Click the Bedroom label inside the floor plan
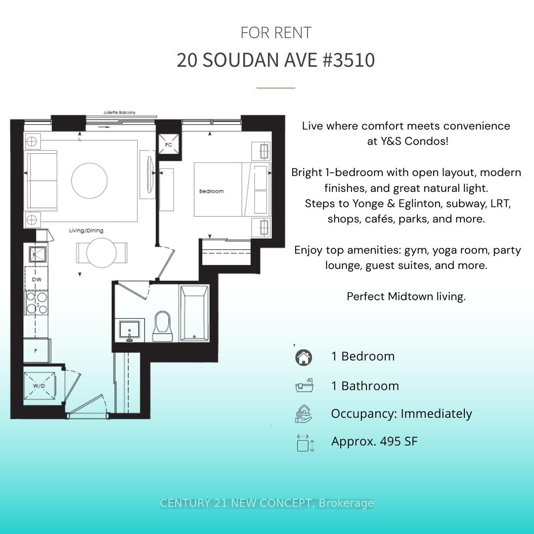[x=212, y=191]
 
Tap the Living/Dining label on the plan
[x=86, y=230]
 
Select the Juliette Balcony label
[x=119, y=112]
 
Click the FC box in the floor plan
[x=169, y=144]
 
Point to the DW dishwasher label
[x=37, y=279]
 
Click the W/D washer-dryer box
[x=39, y=386]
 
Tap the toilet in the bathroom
[x=163, y=326]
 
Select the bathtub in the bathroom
[x=194, y=313]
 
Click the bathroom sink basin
[x=130, y=330]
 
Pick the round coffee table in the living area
[x=89, y=180]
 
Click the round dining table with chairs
[x=101, y=253]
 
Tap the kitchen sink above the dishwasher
[x=38, y=254]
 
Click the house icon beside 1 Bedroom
[x=304, y=357]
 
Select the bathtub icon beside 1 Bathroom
[x=304, y=386]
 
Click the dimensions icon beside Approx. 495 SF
[x=305, y=443]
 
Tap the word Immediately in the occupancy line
[x=436, y=414]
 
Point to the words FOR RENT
[x=276, y=33]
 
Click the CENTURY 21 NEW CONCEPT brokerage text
[x=267, y=503]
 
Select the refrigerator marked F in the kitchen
[x=37, y=351]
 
